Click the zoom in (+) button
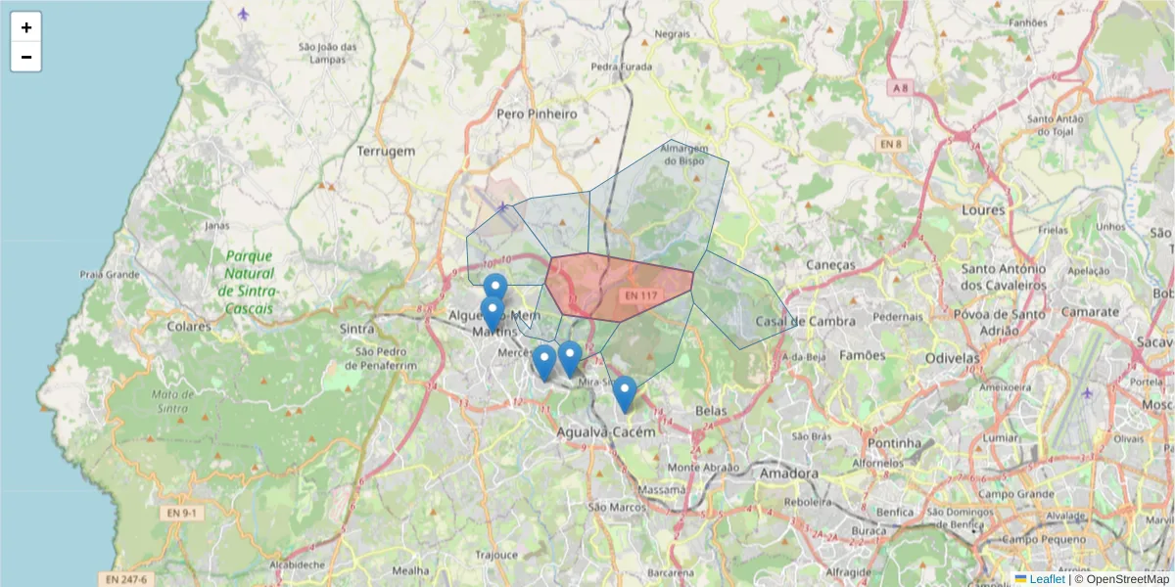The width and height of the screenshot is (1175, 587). click(x=26, y=27)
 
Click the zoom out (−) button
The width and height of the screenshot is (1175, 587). click(x=26, y=57)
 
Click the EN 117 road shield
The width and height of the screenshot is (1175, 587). click(x=641, y=294)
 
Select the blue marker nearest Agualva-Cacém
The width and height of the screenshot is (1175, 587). click(x=624, y=394)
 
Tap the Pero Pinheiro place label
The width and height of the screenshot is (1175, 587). click(x=537, y=113)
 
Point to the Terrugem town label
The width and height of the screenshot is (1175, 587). click(x=386, y=152)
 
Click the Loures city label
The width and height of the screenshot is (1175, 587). click(x=983, y=210)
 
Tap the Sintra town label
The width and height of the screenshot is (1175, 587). click(x=357, y=329)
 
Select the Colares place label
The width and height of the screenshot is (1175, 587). click(x=189, y=326)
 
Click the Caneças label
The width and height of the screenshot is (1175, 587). click(x=831, y=265)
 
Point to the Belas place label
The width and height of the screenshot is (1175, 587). click(x=711, y=412)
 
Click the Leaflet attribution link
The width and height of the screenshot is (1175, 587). click(x=1047, y=579)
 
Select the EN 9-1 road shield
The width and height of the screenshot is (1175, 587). click(x=181, y=513)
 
